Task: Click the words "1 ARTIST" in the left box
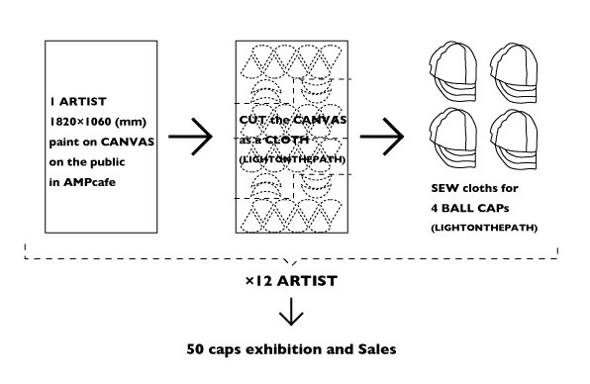(78, 102)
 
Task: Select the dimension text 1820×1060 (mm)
(98, 122)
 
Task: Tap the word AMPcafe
(89, 182)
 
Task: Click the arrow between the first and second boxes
(190, 137)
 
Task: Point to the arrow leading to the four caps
(382, 137)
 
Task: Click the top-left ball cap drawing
(453, 71)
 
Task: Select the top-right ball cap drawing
(514, 72)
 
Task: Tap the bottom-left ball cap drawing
(453, 138)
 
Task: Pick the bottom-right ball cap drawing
(514, 140)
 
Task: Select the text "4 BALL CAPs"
(470, 208)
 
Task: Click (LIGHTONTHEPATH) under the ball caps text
(484, 228)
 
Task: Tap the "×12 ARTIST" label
(291, 281)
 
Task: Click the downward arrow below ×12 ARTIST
(291, 312)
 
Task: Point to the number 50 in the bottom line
(195, 349)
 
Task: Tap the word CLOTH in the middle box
(287, 140)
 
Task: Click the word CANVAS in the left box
(128, 143)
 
